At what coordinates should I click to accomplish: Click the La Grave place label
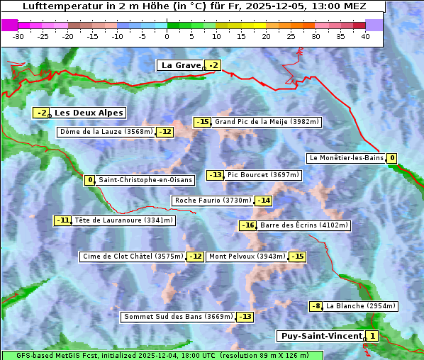coord(181,65)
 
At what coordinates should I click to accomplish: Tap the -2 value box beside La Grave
coord(213,66)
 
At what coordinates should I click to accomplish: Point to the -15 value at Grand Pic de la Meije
coord(203,122)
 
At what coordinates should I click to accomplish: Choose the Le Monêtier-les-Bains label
coord(346,158)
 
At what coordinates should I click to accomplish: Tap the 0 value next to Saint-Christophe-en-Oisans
coord(90,180)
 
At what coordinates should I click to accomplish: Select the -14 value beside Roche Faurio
coord(264,201)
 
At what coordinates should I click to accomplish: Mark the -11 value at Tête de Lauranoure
coord(64,220)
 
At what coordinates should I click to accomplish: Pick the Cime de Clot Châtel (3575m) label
coord(133,257)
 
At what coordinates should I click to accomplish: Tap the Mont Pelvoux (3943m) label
coord(247,257)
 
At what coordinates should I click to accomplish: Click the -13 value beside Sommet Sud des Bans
coord(245,317)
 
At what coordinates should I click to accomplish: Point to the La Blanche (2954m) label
coord(360,306)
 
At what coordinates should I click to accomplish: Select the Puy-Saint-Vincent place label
coord(320,336)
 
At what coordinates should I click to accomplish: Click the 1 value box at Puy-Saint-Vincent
coord(373,336)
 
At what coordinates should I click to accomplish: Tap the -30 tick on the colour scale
coord(18,36)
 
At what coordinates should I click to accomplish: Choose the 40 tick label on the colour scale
coord(365,36)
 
